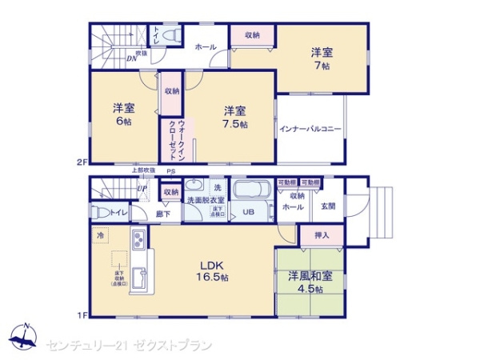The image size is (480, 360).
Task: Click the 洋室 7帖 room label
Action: (322, 60)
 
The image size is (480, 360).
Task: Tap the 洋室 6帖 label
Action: (122, 114)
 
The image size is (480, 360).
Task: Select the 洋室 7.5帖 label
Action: (234, 117)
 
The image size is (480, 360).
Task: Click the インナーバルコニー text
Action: (310, 128)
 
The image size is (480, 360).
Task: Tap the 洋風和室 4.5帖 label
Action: (309, 284)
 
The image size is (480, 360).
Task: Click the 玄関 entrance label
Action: (329, 206)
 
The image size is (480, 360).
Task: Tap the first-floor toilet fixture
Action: (99, 212)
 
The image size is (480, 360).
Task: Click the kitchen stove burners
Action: (137, 238)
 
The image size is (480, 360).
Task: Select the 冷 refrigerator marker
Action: (101, 236)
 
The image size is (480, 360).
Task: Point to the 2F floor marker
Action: (81, 162)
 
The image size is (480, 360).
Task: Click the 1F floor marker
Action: (81, 315)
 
